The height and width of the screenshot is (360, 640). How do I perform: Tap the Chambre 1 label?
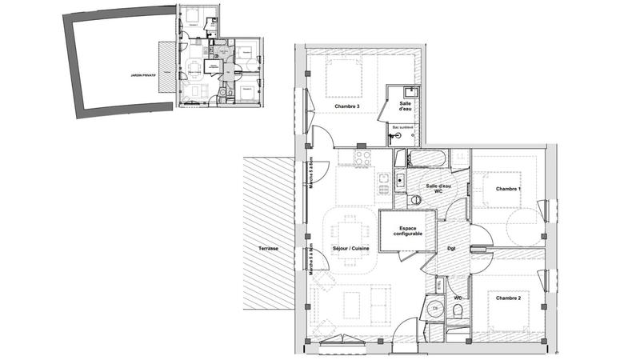click(508, 189)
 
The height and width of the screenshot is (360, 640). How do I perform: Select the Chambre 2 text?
click(508, 298)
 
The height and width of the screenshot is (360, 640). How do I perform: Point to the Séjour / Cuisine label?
click(350, 249)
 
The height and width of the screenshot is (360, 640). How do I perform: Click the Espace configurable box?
click(408, 231)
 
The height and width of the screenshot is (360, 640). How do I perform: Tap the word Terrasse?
click(269, 249)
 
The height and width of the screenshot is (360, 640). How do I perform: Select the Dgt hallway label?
click(451, 248)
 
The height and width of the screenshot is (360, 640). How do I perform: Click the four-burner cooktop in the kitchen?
click(362, 155)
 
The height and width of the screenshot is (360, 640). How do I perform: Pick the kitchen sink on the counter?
click(399, 181)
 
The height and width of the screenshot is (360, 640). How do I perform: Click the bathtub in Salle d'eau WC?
click(428, 158)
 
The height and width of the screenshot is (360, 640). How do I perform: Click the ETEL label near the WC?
click(438, 283)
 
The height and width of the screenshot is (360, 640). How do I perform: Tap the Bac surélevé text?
click(402, 127)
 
